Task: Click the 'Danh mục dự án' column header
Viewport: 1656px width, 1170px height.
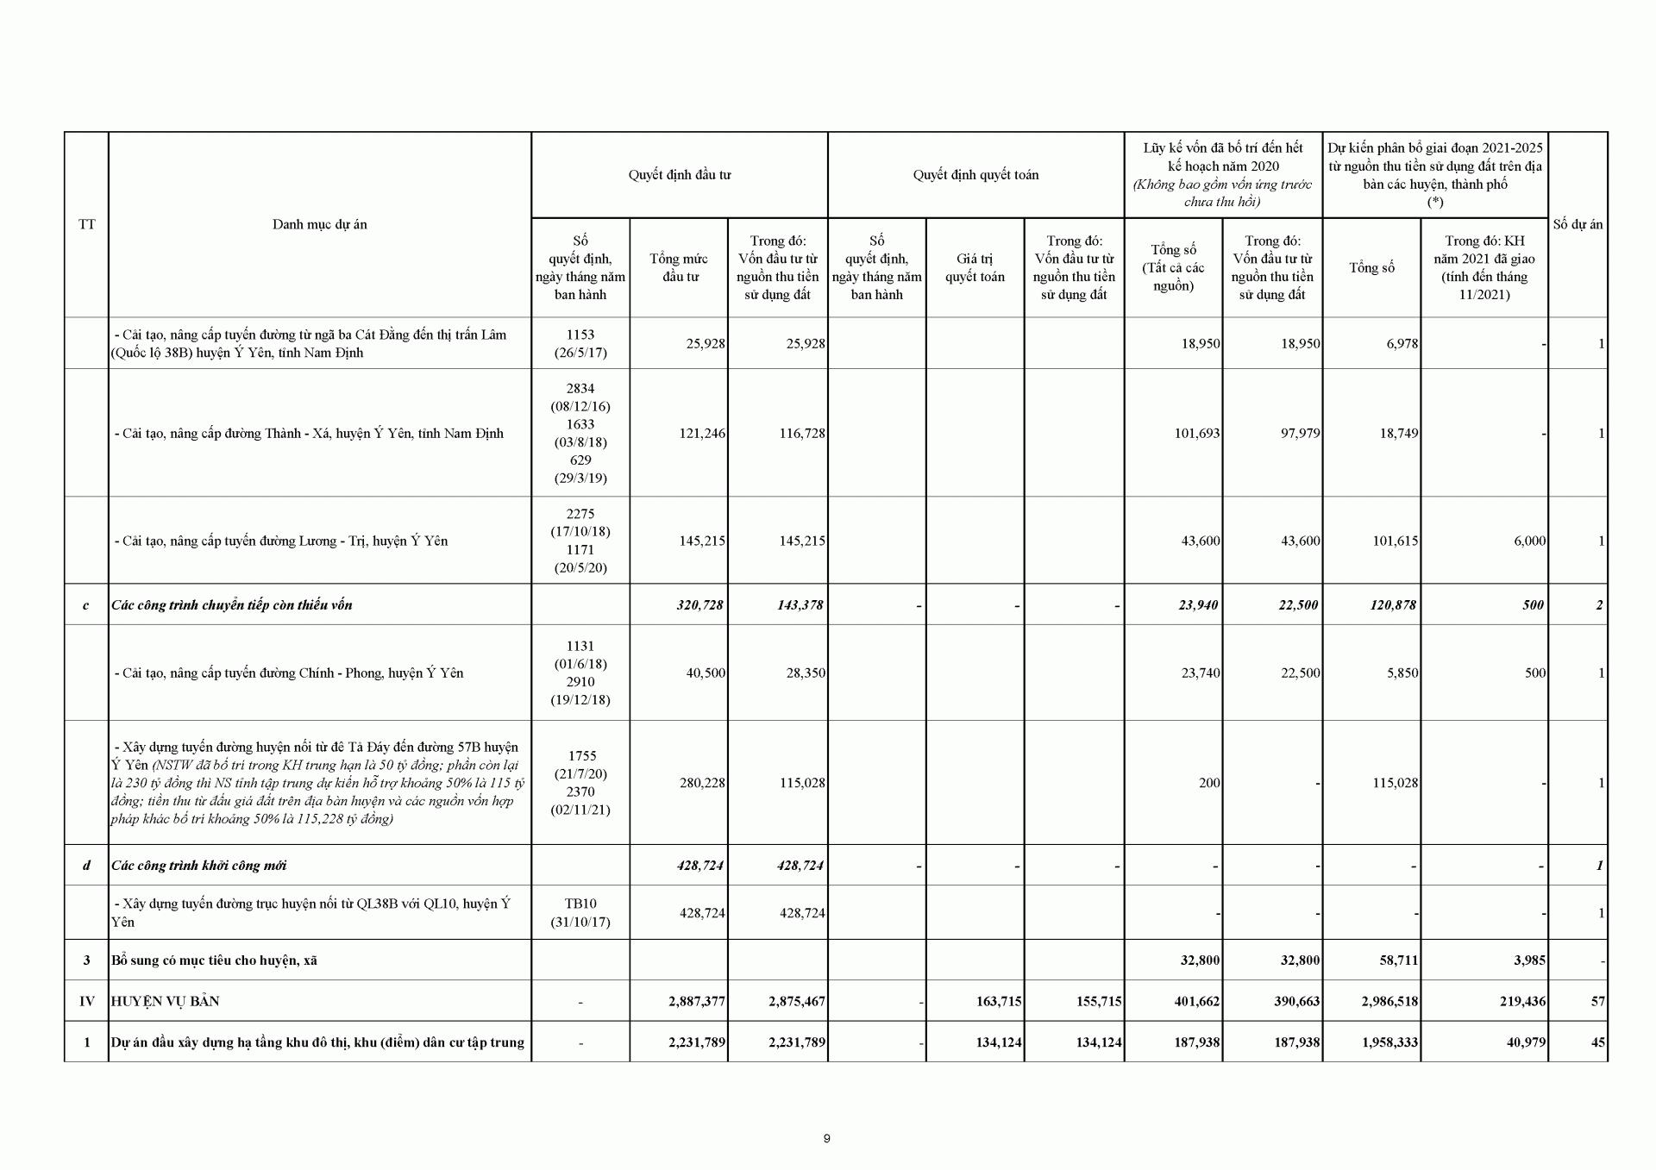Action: click(x=319, y=224)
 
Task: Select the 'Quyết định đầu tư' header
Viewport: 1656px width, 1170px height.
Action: click(x=679, y=175)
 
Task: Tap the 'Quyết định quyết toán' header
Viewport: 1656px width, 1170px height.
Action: click(x=975, y=175)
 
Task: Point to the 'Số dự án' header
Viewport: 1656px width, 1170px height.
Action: click(x=1578, y=224)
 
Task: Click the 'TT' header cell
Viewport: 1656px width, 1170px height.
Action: click(x=86, y=224)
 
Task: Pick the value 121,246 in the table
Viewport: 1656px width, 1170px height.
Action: click(x=702, y=433)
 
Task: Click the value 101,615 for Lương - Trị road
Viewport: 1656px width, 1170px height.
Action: click(x=1395, y=541)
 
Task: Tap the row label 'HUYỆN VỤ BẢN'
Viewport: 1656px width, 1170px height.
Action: click(x=165, y=1001)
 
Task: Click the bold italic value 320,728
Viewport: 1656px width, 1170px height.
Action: click(x=699, y=604)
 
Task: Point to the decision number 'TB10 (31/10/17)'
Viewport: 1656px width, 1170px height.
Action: click(x=580, y=912)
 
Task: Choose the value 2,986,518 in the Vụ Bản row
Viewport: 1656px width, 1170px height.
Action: click(x=1383, y=1001)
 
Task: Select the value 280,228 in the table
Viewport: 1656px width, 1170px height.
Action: click(x=702, y=783)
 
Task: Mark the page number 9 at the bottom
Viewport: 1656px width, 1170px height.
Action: click(x=826, y=1138)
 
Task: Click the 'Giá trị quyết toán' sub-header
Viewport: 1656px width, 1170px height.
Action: click(x=975, y=267)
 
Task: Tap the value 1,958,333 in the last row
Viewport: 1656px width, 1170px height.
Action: click(x=1383, y=1042)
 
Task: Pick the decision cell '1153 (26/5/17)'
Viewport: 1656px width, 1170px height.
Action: click(x=580, y=343)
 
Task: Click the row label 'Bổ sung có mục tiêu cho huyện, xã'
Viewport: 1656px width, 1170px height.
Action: click(x=214, y=960)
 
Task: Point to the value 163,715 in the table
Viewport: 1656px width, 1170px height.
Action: click(x=999, y=1001)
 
